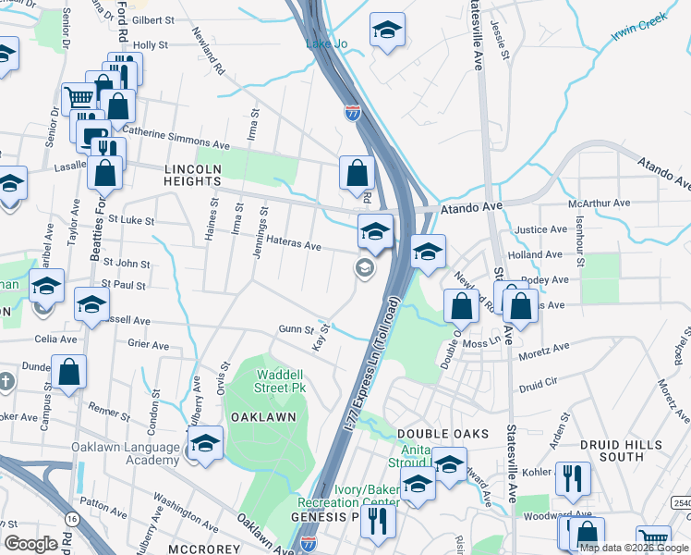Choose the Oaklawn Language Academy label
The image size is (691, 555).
tap(127, 454)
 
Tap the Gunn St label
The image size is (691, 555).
tap(291, 328)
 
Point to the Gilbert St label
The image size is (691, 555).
tap(153, 19)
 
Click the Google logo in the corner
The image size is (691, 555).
tap(30, 544)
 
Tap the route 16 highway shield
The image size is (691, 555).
tap(72, 520)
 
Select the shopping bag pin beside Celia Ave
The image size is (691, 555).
tap(68, 372)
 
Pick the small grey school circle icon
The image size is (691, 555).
tap(365, 268)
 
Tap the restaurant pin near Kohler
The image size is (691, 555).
tap(573, 477)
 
